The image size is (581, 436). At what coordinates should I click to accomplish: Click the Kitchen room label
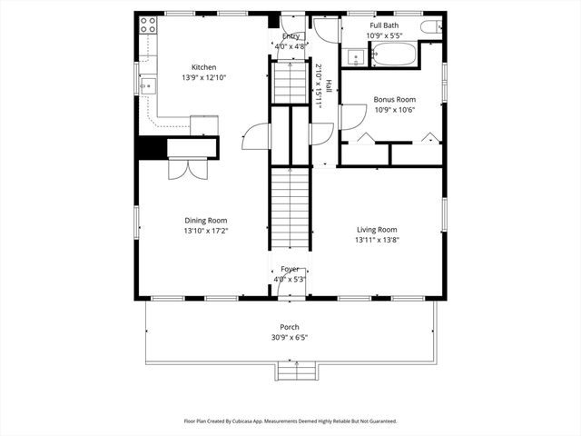pos(203,67)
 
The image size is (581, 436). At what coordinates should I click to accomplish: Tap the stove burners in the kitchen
pos(146,26)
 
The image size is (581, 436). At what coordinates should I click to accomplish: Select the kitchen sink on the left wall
pos(147,85)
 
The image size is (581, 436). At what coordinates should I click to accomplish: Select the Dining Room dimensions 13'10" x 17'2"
pos(206,231)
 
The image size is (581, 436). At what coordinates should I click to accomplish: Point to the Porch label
pos(290,327)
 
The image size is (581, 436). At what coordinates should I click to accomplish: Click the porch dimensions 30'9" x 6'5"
pos(290,337)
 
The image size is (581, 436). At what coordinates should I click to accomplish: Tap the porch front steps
pos(296,371)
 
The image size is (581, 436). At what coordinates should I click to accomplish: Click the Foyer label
pos(290,269)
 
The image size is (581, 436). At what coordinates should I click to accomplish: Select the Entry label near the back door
pos(290,36)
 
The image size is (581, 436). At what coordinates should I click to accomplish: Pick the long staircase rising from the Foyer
pos(290,209)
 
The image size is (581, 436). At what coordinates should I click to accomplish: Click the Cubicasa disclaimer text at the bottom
pos(290,421)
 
